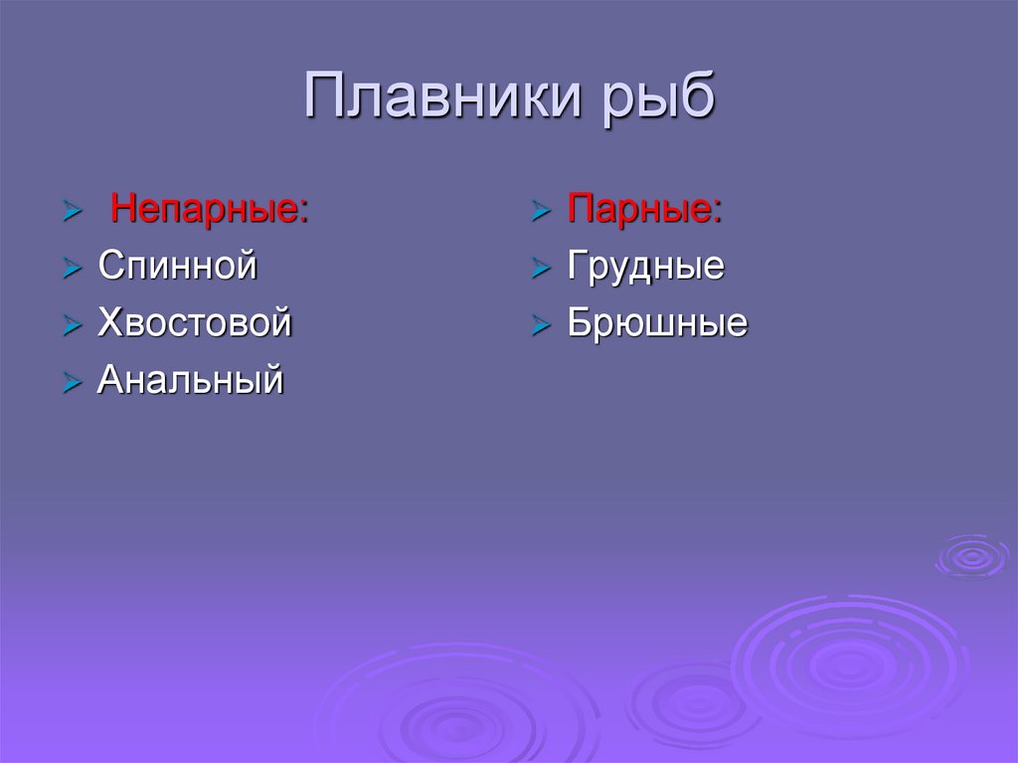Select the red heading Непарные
click(204, 210)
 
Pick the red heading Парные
click(639, 210)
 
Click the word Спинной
click(178, 267)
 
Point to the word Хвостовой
click(194, 323)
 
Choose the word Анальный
click(190, 380)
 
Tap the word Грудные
click(645, 267)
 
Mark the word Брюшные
click(657, 323)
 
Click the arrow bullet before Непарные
click(72, 212)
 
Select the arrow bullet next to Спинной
click(72, 269)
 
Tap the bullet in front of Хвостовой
click(72, 325)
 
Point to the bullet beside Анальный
click(72, 382)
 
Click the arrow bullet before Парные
click(541, 212)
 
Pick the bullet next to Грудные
click(541, 269)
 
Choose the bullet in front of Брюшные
click(541, 325)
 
